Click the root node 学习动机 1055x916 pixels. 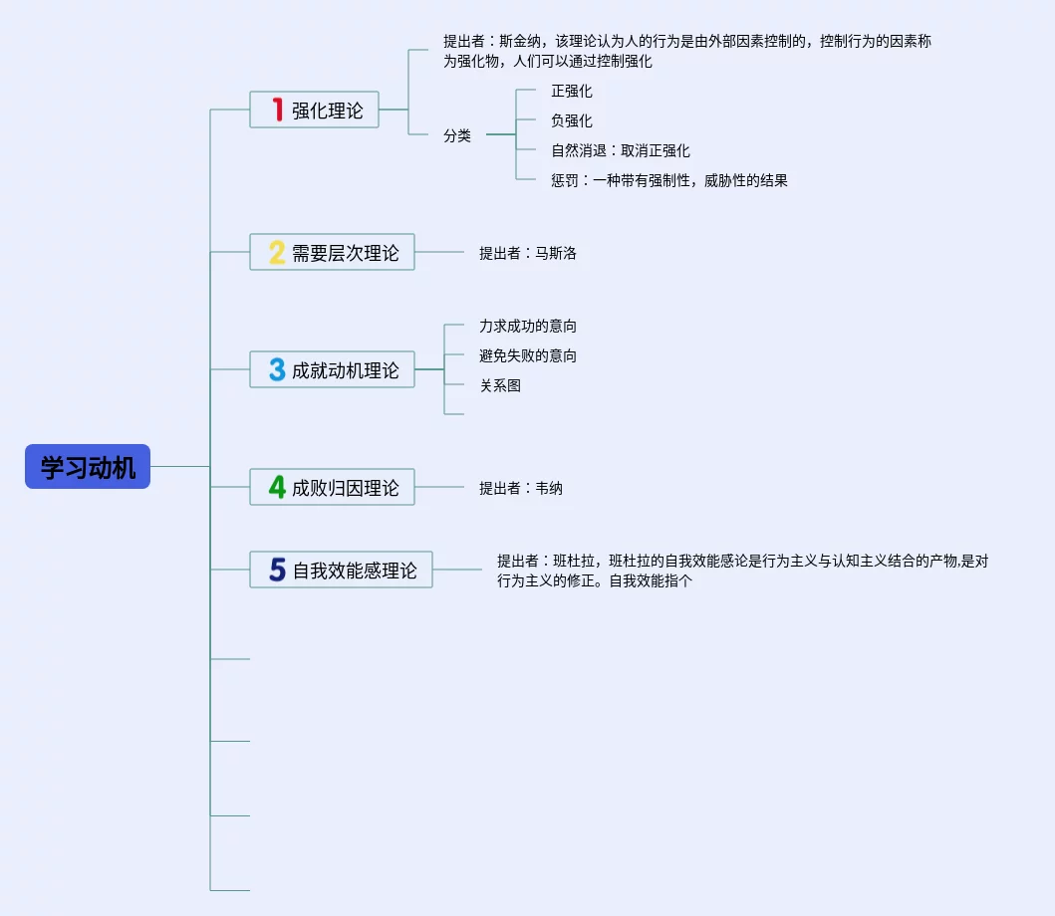coord(88,467)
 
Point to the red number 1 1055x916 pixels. coord(278,110)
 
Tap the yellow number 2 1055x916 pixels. coord(277,253)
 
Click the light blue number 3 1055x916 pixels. coord(277,370)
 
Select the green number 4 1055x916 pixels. coord(277,488)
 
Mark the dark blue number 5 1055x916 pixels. coord(277,571)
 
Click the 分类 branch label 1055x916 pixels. coord(457,136)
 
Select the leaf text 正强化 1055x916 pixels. coord(572,92)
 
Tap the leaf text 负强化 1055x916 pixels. coord(572,121)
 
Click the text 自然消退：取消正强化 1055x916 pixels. coord(621,151)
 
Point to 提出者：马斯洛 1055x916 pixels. coord(528,253)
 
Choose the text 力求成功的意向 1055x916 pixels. coord(528,327)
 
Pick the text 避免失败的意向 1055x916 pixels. coord(528,356)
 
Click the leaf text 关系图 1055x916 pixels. coord(500,386)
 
